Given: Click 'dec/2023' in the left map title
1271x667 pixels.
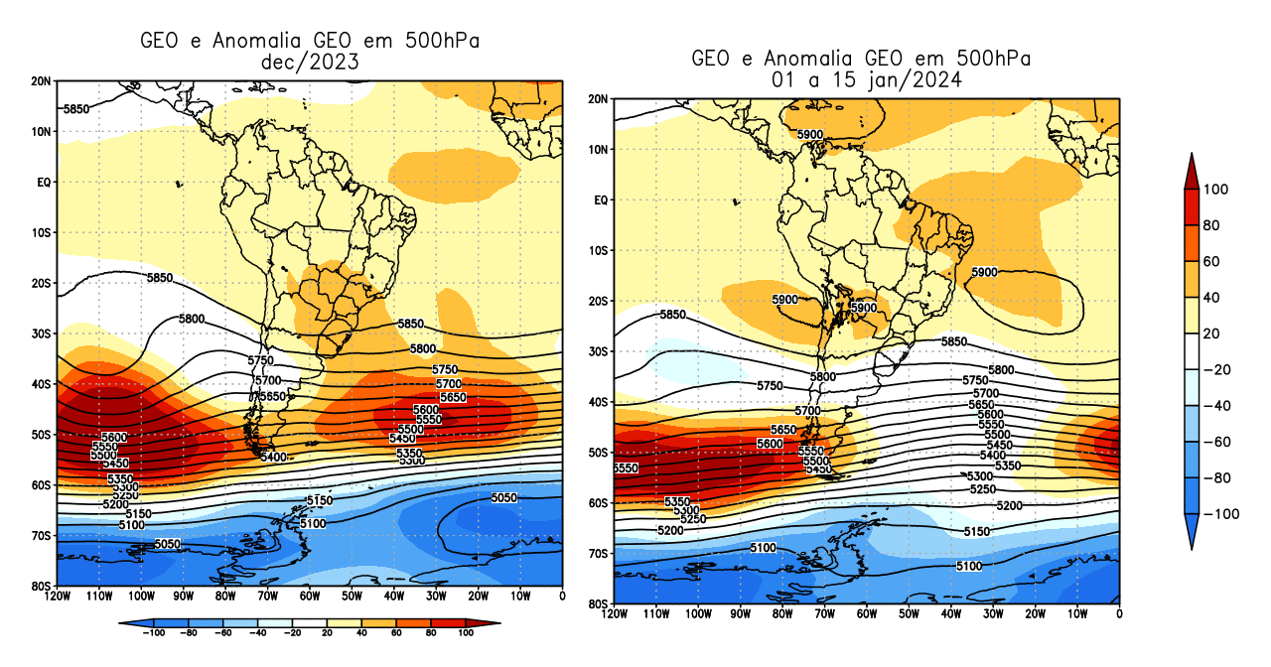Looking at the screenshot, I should [309, 62].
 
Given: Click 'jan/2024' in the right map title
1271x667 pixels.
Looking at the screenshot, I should [923, 80].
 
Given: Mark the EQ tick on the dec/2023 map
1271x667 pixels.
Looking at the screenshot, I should [45, 183].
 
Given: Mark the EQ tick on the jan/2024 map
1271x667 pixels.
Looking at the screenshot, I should [601, 200].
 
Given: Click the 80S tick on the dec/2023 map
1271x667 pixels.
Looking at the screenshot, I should [43, 587].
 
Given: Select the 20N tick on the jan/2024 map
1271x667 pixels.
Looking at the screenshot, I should [599, 99].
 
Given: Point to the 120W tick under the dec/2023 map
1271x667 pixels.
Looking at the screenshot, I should [58, 596].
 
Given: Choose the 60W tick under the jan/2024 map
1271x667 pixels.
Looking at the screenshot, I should [866, 613].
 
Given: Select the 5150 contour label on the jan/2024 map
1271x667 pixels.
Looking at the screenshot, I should [977, 532].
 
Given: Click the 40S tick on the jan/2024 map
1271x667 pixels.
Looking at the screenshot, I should [599, 402].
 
